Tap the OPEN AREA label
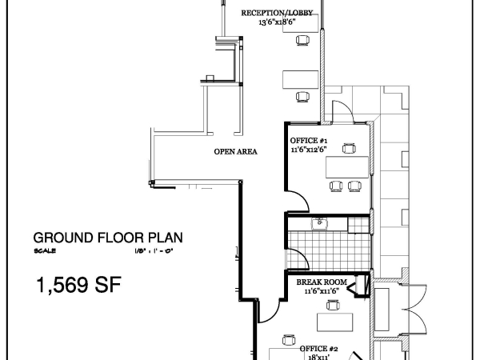click(235, 151)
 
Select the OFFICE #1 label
click(308, 140)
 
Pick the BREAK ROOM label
click(322, 282)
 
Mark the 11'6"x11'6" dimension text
click(322, 292)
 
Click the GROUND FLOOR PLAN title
click(108, 238)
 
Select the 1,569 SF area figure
click(77, 283)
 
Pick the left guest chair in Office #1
click(336, 186)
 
